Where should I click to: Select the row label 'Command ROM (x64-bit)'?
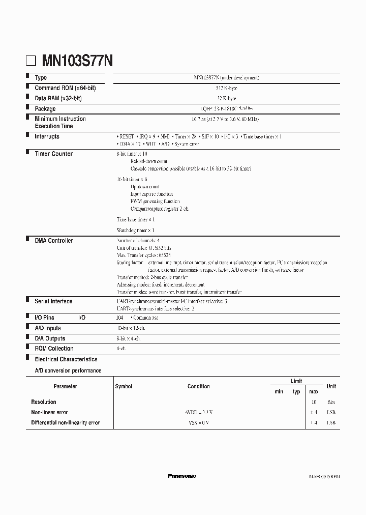65,88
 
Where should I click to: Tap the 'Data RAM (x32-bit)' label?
61,98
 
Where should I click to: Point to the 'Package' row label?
45,109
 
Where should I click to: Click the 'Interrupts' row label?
47,137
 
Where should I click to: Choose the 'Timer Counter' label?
53,154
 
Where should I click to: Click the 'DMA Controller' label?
53,241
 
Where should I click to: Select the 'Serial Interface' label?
53,301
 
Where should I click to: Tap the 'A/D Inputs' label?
48,328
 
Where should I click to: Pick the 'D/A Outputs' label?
50,338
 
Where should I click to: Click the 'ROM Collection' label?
54,349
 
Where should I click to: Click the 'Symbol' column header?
124,387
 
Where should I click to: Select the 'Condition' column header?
198,387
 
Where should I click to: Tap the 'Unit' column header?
331,387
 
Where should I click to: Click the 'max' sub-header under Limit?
314,392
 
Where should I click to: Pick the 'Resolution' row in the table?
44,402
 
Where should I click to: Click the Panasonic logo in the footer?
181,476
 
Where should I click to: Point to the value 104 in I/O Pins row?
120,318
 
